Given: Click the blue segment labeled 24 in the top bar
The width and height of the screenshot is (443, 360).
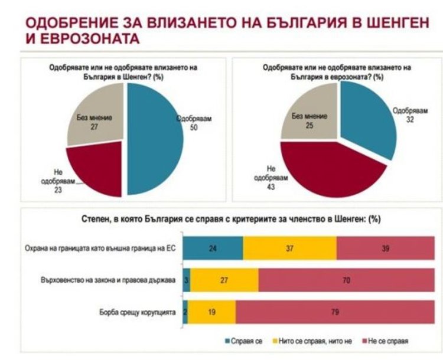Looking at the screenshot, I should point(213,248).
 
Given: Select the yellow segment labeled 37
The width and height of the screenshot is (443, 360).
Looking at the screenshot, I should point(290,248).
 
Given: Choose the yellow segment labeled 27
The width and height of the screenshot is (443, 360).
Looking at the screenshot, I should point(224,280).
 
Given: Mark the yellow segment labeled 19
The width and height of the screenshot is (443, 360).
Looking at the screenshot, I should point(211,312).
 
